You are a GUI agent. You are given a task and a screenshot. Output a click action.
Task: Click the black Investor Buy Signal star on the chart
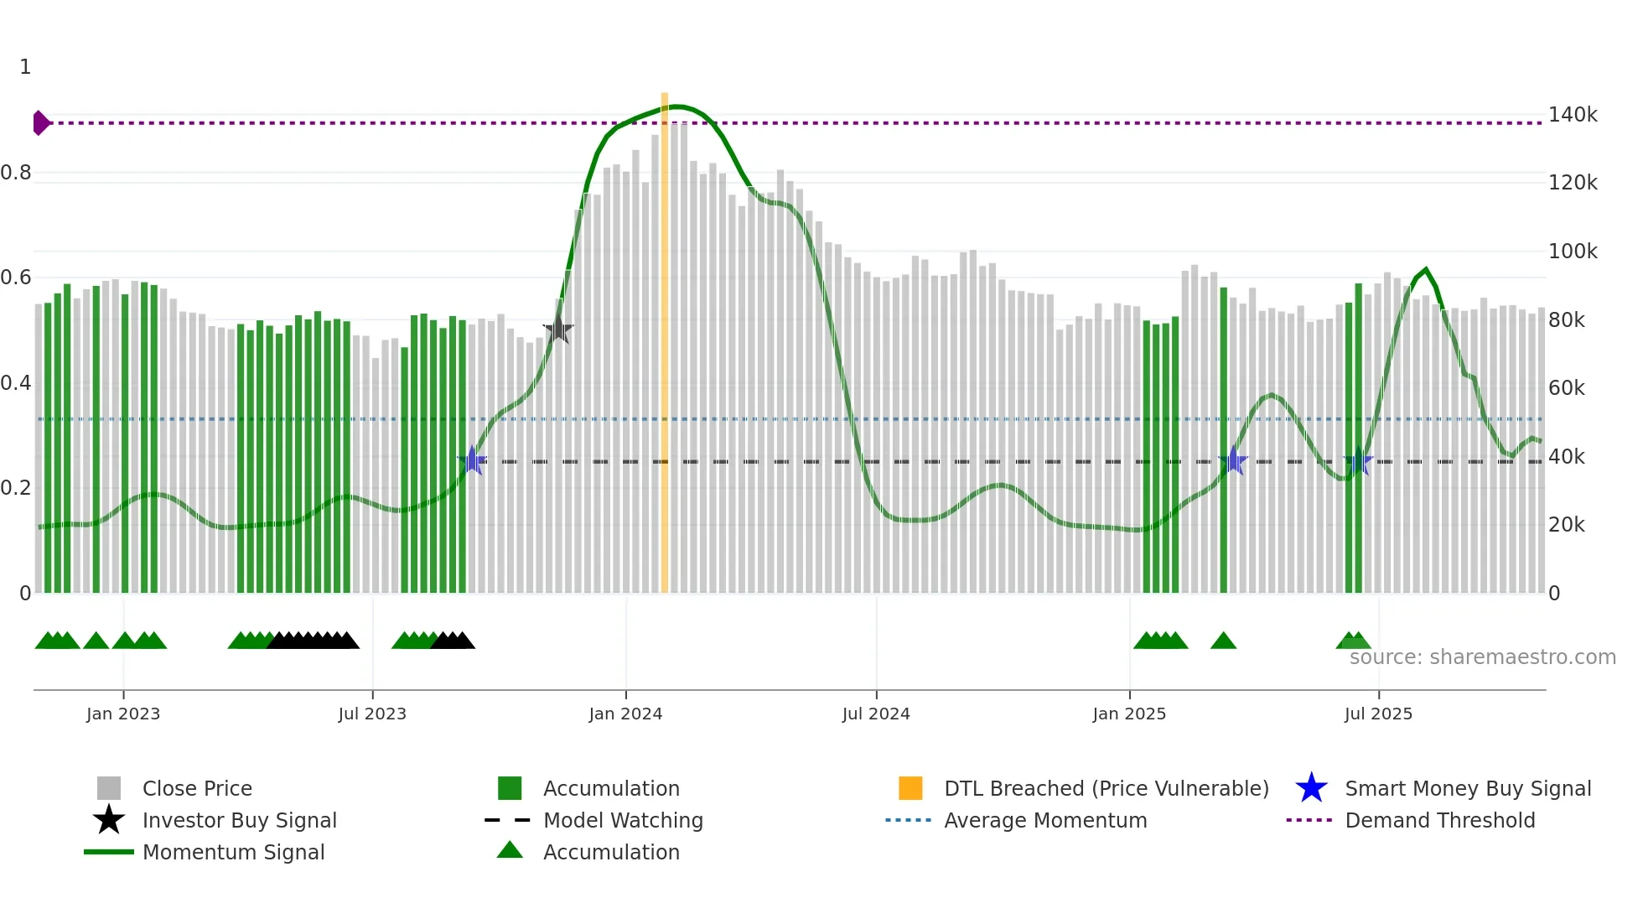pyautogui.click(x=558, y=330)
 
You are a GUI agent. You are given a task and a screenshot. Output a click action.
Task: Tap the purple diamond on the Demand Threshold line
pyautogui.click(x=40, y=123)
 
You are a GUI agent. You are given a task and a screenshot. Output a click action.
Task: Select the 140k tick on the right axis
pyautogui.click(x=1573, y=115)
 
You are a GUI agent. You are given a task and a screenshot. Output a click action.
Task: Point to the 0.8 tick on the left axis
pyautogui.click(x=17, y=174)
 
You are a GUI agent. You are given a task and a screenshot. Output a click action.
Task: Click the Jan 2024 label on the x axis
pyautogui.click(x=625, y=714)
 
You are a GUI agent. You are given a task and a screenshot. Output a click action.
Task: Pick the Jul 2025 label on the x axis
pyautogui.click(x=1378, y=714)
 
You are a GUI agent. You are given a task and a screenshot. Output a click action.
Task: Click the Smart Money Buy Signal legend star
pyautogui.click(x=1311, y=789)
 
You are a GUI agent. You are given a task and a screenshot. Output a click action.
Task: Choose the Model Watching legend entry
pyautogui.click(x=623, y=821)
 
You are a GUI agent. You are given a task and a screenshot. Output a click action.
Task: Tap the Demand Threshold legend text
pyautogui.click(x=1439, y=821)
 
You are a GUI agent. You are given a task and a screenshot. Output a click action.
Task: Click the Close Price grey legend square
pyautogui.click(x=109, y=789)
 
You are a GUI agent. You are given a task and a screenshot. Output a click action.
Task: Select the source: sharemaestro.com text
pyautogui.click(x=1482, y=657)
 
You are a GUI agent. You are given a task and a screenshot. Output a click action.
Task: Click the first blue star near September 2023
pyautogui.click(x=473, y=461)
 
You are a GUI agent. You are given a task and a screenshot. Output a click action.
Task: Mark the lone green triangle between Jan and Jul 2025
pyautogui.click(x=1223, y=641)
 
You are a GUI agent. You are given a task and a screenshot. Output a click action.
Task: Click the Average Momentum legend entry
pyautogui.click(x=1044, y=821)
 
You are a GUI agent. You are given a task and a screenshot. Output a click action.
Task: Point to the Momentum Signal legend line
pyautogui.click(x=109, y=853)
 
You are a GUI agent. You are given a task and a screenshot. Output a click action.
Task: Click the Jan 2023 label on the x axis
pyautogui.click(x=123, y=714)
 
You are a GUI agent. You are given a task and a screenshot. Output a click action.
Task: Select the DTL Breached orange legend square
pyautogui.click(x=910, y=789)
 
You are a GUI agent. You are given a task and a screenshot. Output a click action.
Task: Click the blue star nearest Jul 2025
pyautogui.click(x=1358, y=462)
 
